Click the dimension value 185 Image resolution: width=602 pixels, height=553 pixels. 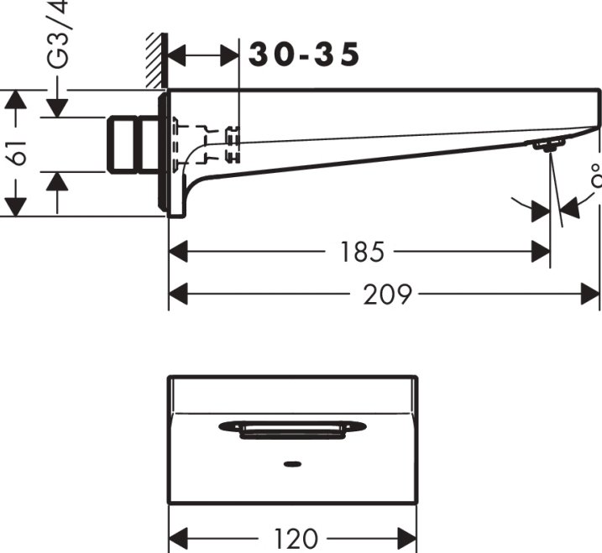[x=362, y=251]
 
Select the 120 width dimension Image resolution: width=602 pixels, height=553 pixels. [x=294, y=538]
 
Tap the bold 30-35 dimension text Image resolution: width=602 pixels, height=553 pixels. [x=305, y=55]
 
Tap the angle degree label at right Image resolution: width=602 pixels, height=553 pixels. [x=595, y=178]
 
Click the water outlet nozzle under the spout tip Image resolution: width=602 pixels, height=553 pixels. [x=544, y=146]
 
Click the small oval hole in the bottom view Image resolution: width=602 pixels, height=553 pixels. [x=292, y=462]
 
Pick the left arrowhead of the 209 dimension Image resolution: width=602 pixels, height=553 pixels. [x=177, y=295]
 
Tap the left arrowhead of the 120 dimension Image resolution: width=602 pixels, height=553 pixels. [x=177, y=538]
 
